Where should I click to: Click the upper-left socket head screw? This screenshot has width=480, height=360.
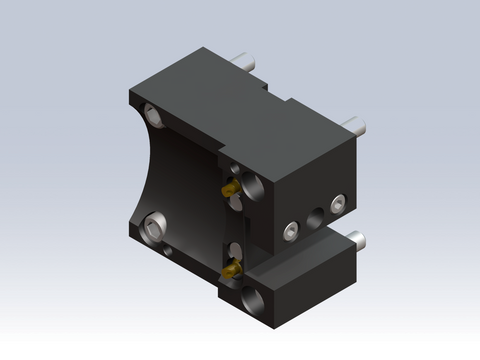[155, 114]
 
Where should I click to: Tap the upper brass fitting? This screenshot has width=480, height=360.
[228, 188]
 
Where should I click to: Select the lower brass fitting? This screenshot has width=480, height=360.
[230, 269]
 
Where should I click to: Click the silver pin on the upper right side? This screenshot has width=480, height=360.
[355, 126]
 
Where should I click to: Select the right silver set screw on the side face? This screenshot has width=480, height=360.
[340, 205]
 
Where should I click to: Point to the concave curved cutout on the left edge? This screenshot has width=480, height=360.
[140, 170]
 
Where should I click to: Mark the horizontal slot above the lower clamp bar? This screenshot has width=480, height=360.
[300, 244]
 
